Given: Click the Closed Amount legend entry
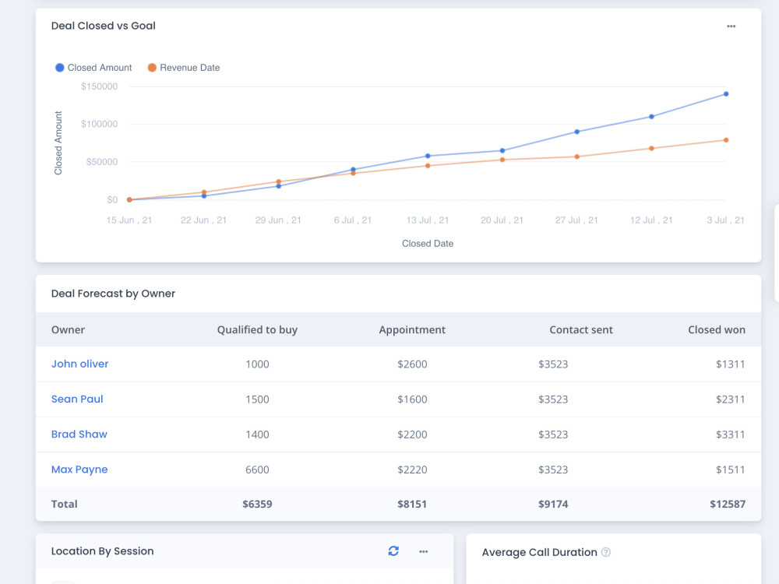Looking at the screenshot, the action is (x=93, y=68).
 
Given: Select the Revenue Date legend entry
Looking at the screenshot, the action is (x=184, y=68).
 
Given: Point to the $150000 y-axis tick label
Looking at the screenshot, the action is (x=100, y=86).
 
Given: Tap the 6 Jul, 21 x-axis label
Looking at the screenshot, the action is (x=353, y=220).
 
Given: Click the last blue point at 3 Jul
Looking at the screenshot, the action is (x=726, y=94).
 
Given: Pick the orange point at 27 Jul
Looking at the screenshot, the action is (x=576, y=157).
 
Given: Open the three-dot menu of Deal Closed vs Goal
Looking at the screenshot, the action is (x=731, y=26).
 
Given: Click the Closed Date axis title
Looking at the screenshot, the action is (x=427, y=243).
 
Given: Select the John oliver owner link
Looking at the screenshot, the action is (x=79, y=364).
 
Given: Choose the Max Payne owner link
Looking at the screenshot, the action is (x=79, y=470).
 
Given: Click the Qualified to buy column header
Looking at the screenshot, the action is (x=257, y=329).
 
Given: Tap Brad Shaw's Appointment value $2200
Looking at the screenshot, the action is (x=412, y=434).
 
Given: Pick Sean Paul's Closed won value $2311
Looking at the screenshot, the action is (x=731, y=399).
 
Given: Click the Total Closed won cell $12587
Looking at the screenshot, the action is (x=728, y=504).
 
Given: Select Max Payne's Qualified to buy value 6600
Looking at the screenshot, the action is (x=257, y=470).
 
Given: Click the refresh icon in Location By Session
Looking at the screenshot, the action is (x=393, y=551).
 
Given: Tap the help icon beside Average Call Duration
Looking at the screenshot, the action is (x=605, y=552).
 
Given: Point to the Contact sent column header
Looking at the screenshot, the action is (x=581, y=329).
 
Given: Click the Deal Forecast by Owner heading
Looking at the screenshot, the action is (x=113, y=294).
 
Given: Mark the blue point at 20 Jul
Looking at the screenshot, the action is (x=502, y=150).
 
